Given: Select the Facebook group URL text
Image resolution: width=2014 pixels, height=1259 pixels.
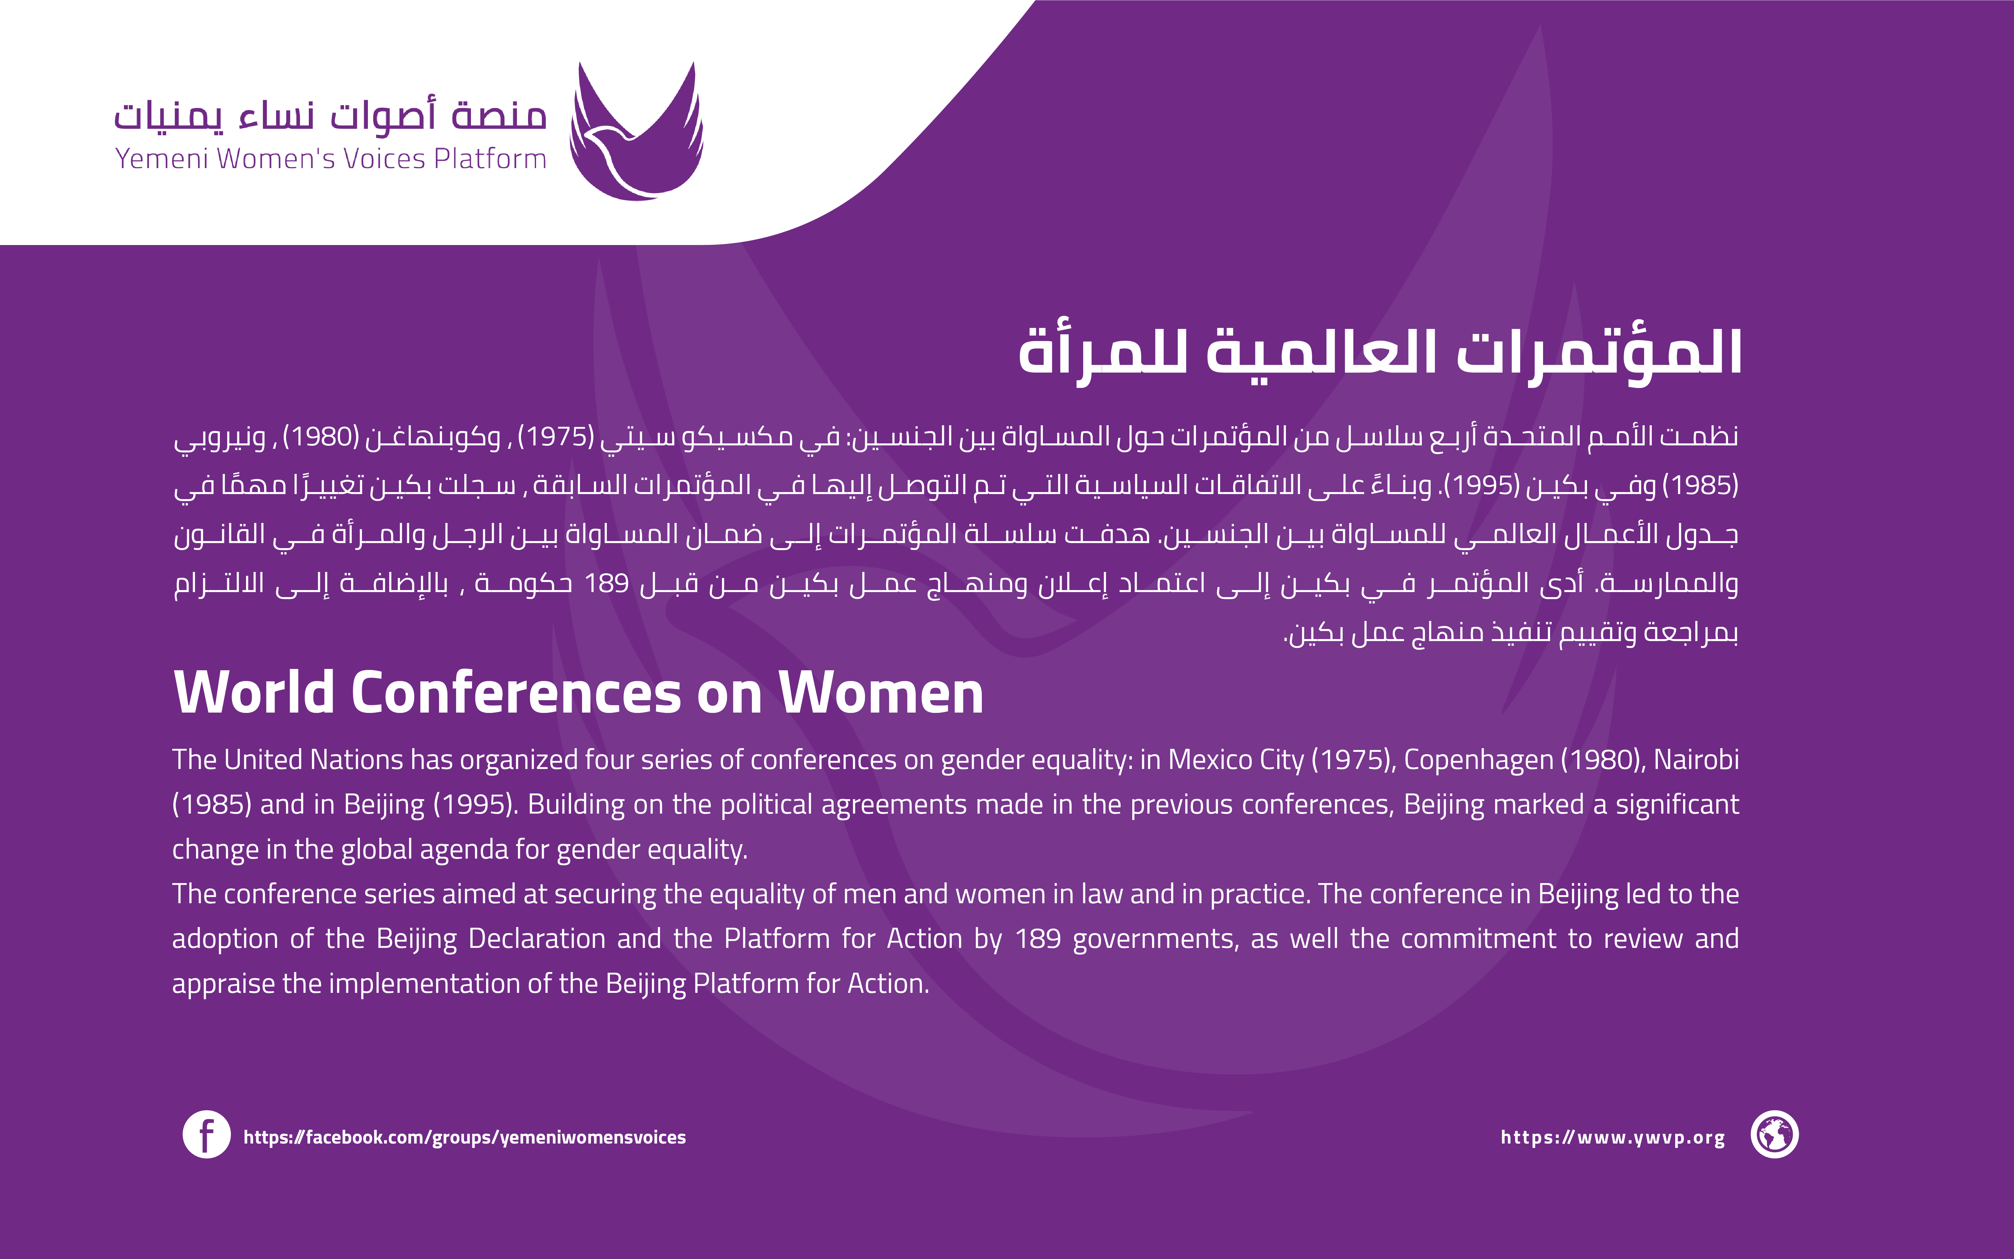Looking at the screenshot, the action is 465,1137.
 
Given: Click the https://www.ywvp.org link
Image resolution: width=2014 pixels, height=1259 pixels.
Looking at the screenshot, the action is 1613,1137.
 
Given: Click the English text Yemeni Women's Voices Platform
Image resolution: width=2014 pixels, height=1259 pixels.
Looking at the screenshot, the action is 331,158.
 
